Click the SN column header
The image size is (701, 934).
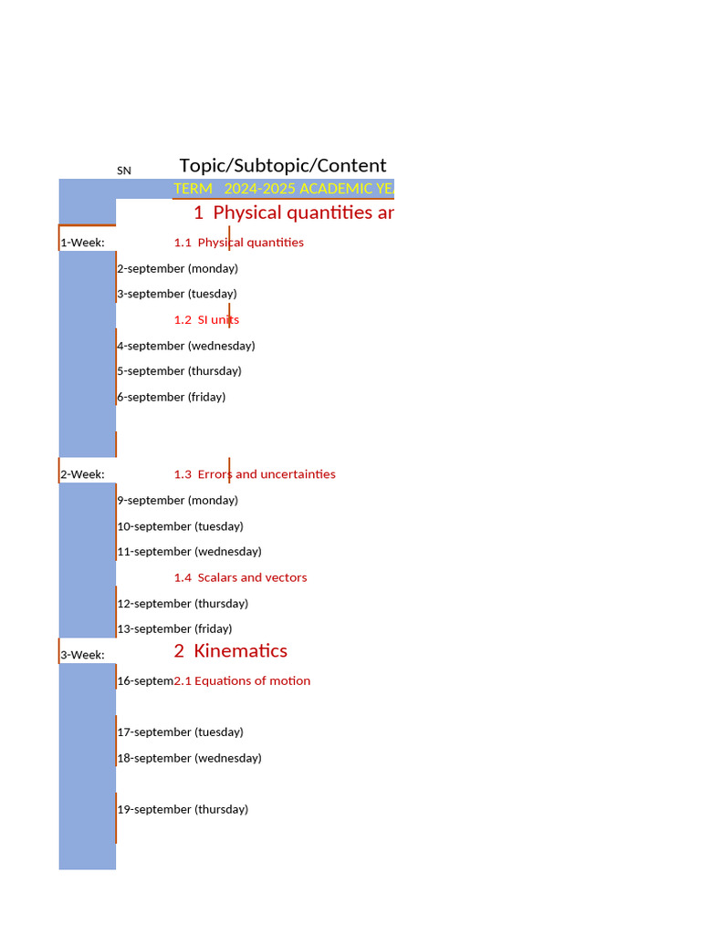click(124, 171)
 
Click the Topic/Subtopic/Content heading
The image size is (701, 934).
click(283, 165)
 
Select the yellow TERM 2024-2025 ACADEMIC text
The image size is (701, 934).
click(284, 189)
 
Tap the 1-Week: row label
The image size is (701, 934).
click(82, 243)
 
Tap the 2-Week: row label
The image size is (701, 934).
click(82, 474)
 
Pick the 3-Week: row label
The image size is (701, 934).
click(82, 655)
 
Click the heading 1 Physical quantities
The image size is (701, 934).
click(294, 213)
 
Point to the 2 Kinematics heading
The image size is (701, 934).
click(231, 651)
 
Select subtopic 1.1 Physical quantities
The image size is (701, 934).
click(239, 243)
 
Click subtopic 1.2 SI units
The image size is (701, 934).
click(207, 320)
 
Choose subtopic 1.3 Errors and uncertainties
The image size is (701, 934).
click(255, 474)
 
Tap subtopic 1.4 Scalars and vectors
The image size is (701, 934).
click(241, 577)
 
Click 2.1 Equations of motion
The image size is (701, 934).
click(243, 681)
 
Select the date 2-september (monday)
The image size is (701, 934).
click(178, 269)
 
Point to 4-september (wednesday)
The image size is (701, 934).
click(186, 346)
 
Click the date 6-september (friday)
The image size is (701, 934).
click(172, 398)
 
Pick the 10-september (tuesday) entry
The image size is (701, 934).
click(181, 526)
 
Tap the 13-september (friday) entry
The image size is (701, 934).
click(175, 629)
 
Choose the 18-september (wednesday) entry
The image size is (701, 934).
click(190, 758)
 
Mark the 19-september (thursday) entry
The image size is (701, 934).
click(183, 810)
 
